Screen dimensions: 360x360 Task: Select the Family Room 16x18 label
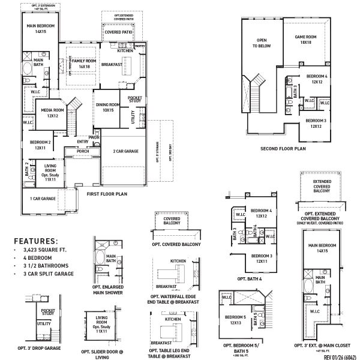[84, 64]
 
